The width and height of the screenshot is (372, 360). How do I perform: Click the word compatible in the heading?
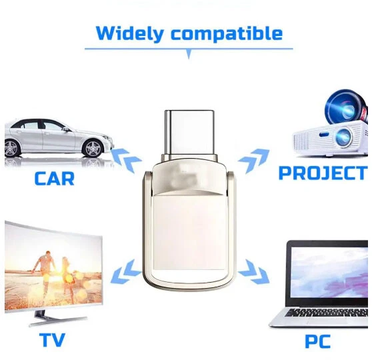[x=227, y=33]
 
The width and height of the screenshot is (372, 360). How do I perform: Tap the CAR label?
[x=55, y=178]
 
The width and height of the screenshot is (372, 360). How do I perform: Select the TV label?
[x=52, y=340]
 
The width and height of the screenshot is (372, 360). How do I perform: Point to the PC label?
[x=318, y=341]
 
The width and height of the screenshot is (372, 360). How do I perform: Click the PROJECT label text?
[x=325, y=173]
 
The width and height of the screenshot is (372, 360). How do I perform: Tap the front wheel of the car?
[x=90, y=147]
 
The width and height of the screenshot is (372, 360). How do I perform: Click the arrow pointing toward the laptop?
[x=253, y=269]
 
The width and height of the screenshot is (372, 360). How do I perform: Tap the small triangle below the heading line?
[x=189, y=55]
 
